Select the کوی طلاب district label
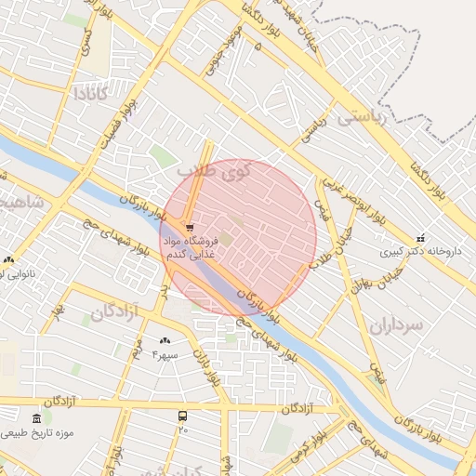(213, 171)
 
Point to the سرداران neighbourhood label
(395, 324)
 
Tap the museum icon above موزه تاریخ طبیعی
(35, 418)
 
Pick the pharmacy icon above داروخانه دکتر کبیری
(420, 237)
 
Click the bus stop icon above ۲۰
(182, 416)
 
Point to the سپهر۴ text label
(164, 355)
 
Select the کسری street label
(86, 39)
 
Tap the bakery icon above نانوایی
(8, 259)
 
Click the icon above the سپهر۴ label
(165, 341)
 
